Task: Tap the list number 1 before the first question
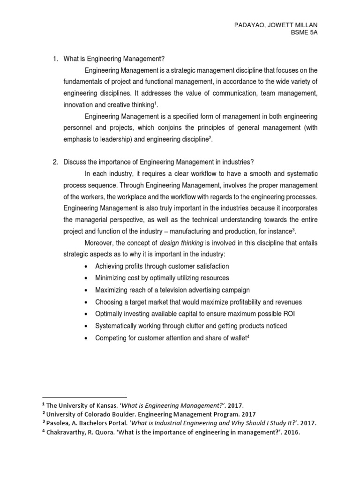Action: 54,59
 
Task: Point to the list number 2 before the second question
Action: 54,162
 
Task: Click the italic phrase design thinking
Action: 180,243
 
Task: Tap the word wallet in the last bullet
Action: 236,337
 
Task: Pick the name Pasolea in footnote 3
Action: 59,423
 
